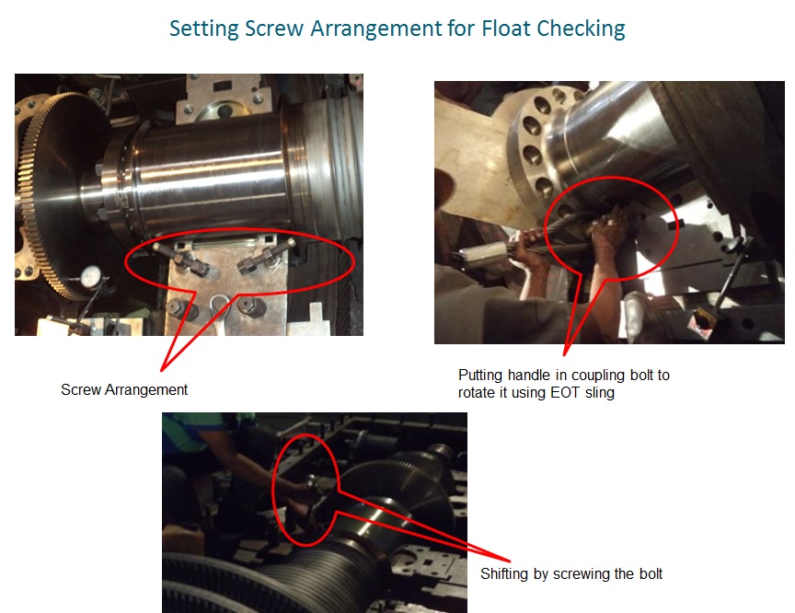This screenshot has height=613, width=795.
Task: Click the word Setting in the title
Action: tap(203, 29)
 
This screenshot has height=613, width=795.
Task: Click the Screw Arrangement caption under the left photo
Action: tap(124, 390)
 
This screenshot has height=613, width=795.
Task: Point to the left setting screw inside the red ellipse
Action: tap(180, 258)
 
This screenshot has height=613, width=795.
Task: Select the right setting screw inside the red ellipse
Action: tap(266, 256)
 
